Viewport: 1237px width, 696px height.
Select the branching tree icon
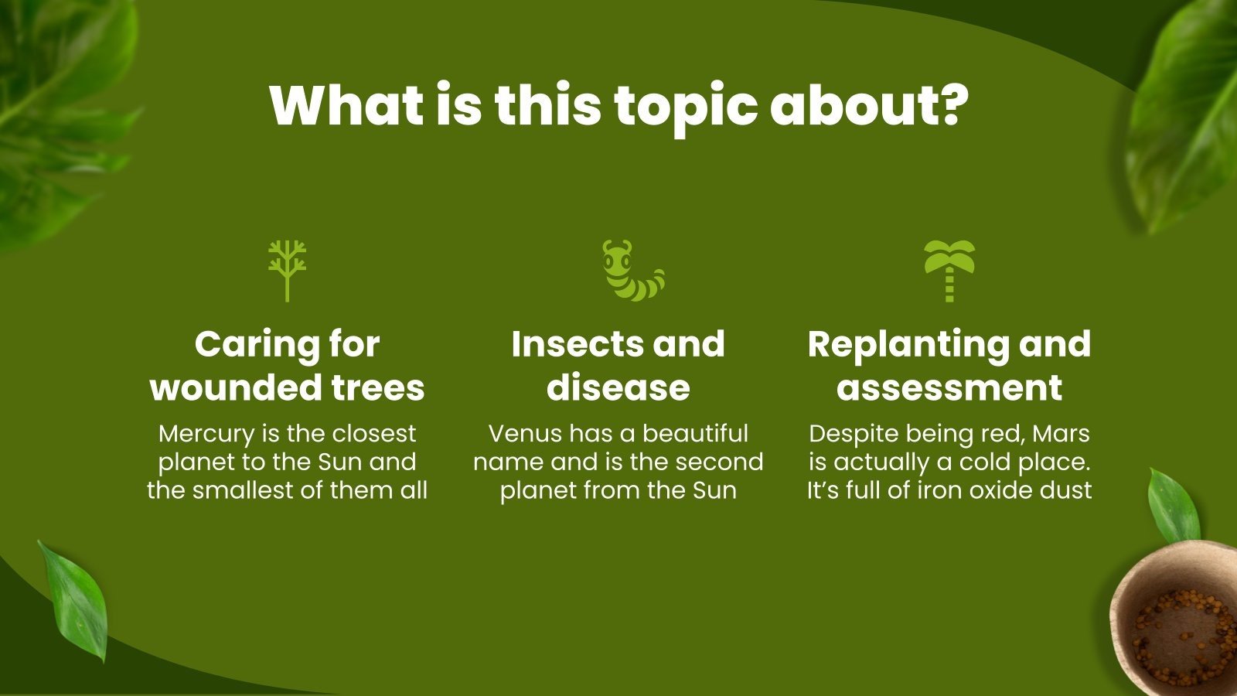(288, 270)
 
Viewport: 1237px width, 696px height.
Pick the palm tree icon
(949, 270)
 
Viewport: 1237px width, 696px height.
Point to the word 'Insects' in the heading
(569, 344)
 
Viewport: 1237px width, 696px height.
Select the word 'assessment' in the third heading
(949, 387)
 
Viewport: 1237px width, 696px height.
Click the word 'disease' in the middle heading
(618, 387)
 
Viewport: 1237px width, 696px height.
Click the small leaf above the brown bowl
(1173, 507)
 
